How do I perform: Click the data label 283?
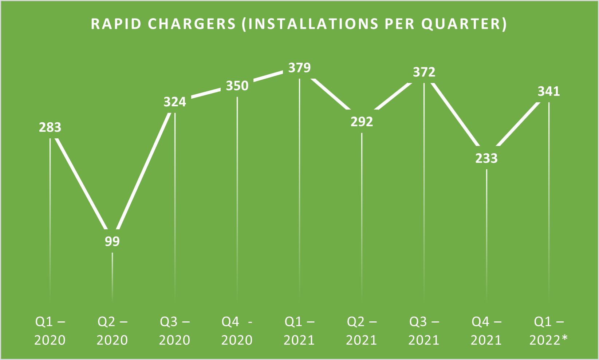(50, 127)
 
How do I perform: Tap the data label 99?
(112, 241)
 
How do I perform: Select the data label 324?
(175, 102)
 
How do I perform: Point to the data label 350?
(237, 86)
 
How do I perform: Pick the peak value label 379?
(299, 68)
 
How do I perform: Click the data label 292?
(362, 122)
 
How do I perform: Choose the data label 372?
(424, 72)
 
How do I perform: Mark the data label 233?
(486, 158)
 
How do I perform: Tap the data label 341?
(549, 91)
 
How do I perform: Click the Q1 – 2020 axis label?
(50, 331)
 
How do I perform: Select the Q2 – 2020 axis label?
(112, 331)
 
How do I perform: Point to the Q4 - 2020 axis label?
(237, 331)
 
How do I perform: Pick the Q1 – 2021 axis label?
(299, 331)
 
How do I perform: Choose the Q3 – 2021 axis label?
(424, 331)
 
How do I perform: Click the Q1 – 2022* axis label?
(549, 331)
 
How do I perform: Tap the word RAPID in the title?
(116, 24)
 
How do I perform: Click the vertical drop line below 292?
(362, 217)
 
